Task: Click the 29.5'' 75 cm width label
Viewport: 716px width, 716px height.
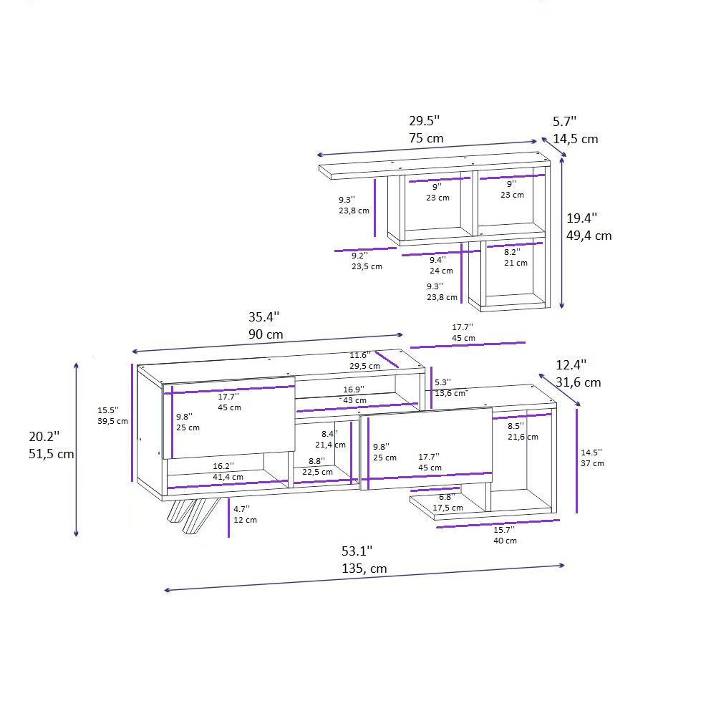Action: (x=426, y=129)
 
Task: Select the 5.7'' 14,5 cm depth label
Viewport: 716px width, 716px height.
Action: (x=574, y=130)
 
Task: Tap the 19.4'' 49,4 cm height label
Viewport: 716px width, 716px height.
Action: (x=589, y=226)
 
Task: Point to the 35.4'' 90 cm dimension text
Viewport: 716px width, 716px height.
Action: (x=265, y=325)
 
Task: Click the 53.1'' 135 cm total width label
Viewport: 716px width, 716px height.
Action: (x=364, y=559)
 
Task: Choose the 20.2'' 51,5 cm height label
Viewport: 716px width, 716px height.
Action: (x=51, y=444)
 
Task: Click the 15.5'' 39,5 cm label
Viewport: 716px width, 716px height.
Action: (x=112, y=415)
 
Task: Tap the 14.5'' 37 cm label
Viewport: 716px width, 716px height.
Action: (x=592, y=458)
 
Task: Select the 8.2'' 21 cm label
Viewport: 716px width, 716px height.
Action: (x=516, y=257)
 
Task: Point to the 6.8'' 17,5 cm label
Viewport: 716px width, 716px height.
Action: (x=447, y=502)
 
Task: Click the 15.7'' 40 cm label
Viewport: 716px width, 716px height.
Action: (x=505, y=535)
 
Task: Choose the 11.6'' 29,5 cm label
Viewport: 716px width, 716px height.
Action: (x=364, y=360)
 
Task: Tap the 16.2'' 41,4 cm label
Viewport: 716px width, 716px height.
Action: (x=228, y=470)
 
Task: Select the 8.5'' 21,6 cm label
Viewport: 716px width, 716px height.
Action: (x=522, y=431)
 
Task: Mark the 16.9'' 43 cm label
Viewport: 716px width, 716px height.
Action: (x=354, y=395)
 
